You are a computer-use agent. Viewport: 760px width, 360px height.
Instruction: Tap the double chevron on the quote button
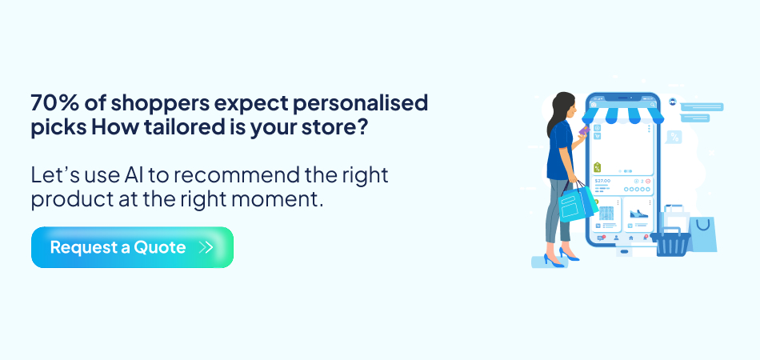coord(206,247)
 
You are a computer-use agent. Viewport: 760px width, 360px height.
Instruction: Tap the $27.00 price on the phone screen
coord(603,182)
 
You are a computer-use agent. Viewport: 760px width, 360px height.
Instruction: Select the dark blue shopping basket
coord(673,241)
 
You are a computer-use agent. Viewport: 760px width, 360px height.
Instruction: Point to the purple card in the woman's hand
coord(584,130)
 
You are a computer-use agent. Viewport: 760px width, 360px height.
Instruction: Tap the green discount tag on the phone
coord(598,167)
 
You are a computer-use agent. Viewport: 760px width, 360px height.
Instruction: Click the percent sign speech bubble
coord(674,137)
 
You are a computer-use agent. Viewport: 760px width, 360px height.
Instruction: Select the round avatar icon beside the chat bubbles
coord(674,102)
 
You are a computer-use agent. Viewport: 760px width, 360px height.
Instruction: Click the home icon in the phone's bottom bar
coord(630,238)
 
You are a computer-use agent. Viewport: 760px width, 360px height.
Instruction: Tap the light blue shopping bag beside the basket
coord(702,234)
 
